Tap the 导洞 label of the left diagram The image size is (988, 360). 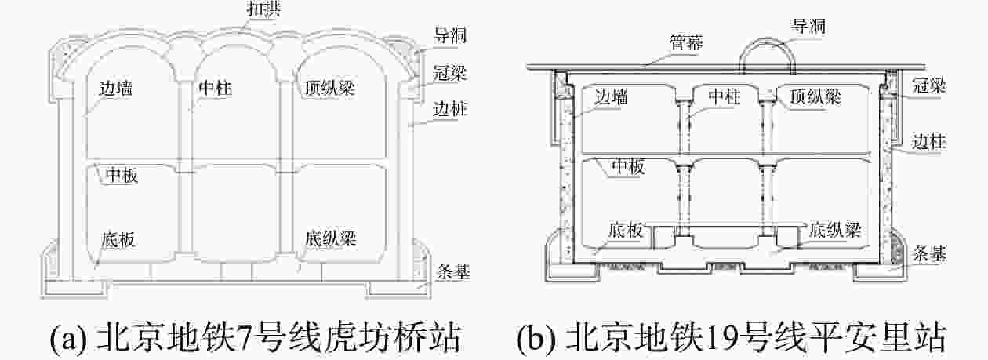tap(450, 36)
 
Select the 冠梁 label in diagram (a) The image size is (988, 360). tap(450, 73)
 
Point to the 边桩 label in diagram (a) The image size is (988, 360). tap(450, 109)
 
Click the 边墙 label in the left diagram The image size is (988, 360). tap(115, 89)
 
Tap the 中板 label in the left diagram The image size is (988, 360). tap(120, 175)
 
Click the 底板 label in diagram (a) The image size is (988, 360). tap(118, 239)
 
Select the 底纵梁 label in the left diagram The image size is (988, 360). tap(326, 239)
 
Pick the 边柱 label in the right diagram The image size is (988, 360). tap(931, 143)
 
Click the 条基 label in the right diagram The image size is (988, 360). tap(931, 253)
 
